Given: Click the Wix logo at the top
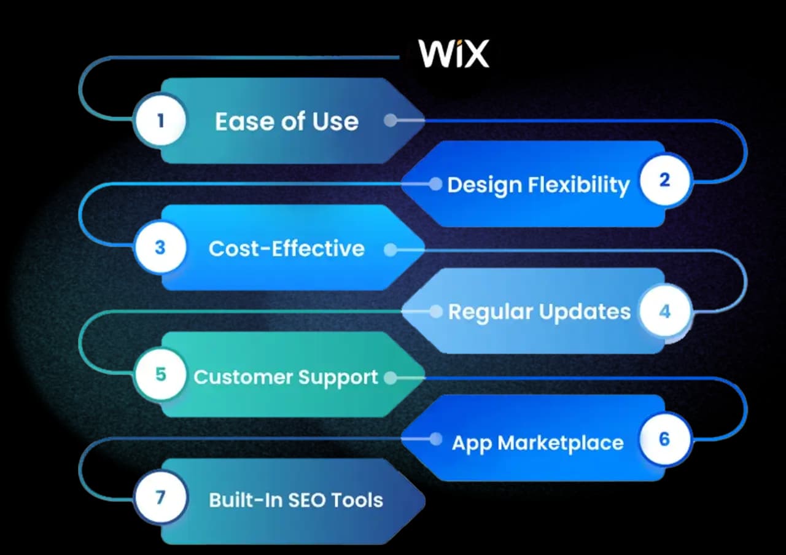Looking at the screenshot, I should tap(454, 54).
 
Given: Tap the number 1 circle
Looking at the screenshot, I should tap(160, 120).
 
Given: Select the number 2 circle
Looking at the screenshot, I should tap(664, 180).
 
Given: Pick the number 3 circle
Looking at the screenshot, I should tap(160, 247).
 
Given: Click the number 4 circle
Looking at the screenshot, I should tap(664, 311).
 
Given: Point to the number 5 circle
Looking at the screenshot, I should tap(160, 375).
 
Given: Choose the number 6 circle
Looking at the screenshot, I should tap(664, 440).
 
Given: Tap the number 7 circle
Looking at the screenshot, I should tap(160, 497).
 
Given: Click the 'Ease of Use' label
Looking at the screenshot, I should tap(287, 121).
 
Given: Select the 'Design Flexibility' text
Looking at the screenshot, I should tap(539, 185).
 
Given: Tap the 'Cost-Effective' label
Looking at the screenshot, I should tap(287, 249).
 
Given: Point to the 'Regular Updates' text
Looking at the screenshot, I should tap(539, 312).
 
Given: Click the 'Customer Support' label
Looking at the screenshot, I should tap(286, 376).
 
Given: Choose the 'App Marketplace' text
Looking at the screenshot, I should tap(538, 443).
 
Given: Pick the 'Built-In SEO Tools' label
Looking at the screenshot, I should tap(296, 500).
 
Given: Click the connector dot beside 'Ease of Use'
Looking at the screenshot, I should tap(390, 120).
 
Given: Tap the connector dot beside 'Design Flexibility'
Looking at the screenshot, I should tap(435, 184).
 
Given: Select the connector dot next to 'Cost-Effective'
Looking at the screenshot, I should tap(390, 250).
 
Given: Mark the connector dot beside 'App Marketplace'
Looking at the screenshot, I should tap(435, 439).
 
